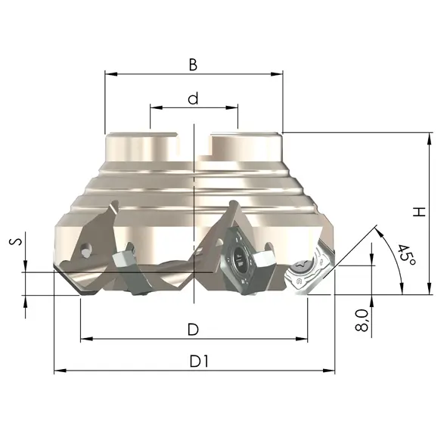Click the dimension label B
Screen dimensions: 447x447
[x=193, y=64]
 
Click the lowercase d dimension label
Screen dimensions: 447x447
[x=193, y=98]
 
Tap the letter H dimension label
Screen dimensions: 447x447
[x=419, y=212]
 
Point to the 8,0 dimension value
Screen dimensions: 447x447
[x=362, y=321]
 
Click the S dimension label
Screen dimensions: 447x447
[x=15, y=241]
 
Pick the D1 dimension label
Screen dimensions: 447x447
[x=199, y=362]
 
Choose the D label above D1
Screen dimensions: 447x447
[x=193, y=330]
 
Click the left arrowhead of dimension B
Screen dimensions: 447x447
[x=111, y=74]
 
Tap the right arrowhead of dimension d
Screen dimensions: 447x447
[x=231, y=107]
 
